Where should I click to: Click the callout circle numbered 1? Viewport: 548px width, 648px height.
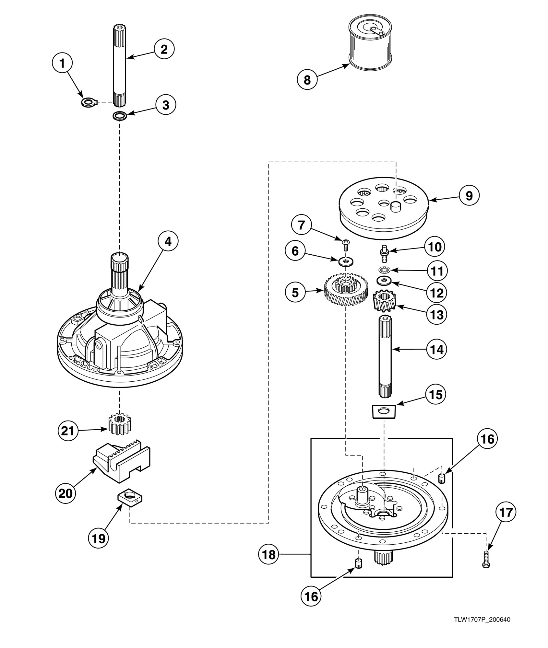pyautogui.click(x=63, y=64)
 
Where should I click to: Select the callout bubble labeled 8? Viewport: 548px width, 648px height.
pyautogui.click(x=307, y=79)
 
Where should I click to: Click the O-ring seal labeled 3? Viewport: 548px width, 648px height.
pyautogui.click(x=120, y=115)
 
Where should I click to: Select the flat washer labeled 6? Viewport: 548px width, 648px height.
pyautogui.click(x=346, y=261)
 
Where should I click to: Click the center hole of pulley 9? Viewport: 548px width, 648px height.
pyautogui.click(x=384, y=203)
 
